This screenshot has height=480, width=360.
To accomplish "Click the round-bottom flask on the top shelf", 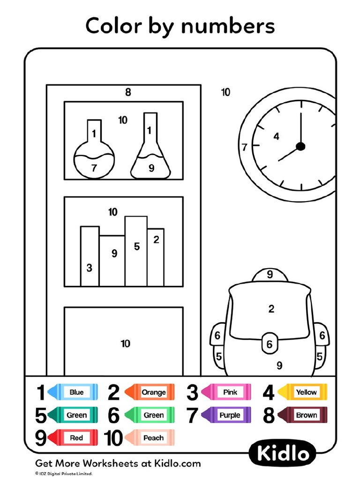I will [94, 155].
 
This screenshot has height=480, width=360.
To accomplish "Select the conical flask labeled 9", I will [150, 157].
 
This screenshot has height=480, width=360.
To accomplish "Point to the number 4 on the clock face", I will [276, 136].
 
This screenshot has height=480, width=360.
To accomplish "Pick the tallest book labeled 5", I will [136, 251].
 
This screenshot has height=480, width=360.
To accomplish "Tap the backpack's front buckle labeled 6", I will [269, 344].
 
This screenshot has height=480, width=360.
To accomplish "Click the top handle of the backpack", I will [270, 276].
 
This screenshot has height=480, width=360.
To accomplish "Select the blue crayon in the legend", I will [73, 392].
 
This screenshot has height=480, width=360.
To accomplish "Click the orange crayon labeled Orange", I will [149, 392].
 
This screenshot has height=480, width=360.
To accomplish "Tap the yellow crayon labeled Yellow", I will [303, 392].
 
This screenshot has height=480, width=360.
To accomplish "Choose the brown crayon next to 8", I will [303, 415].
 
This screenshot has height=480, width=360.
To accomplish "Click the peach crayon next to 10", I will [149, 438].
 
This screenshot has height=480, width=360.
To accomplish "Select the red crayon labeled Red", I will [73, 438].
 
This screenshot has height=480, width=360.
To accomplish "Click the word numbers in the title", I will [228, 27].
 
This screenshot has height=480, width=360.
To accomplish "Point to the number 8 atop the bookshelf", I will [128, 92].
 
